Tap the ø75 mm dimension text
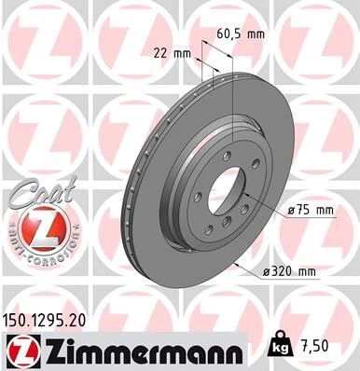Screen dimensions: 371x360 (x=311, y=212)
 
